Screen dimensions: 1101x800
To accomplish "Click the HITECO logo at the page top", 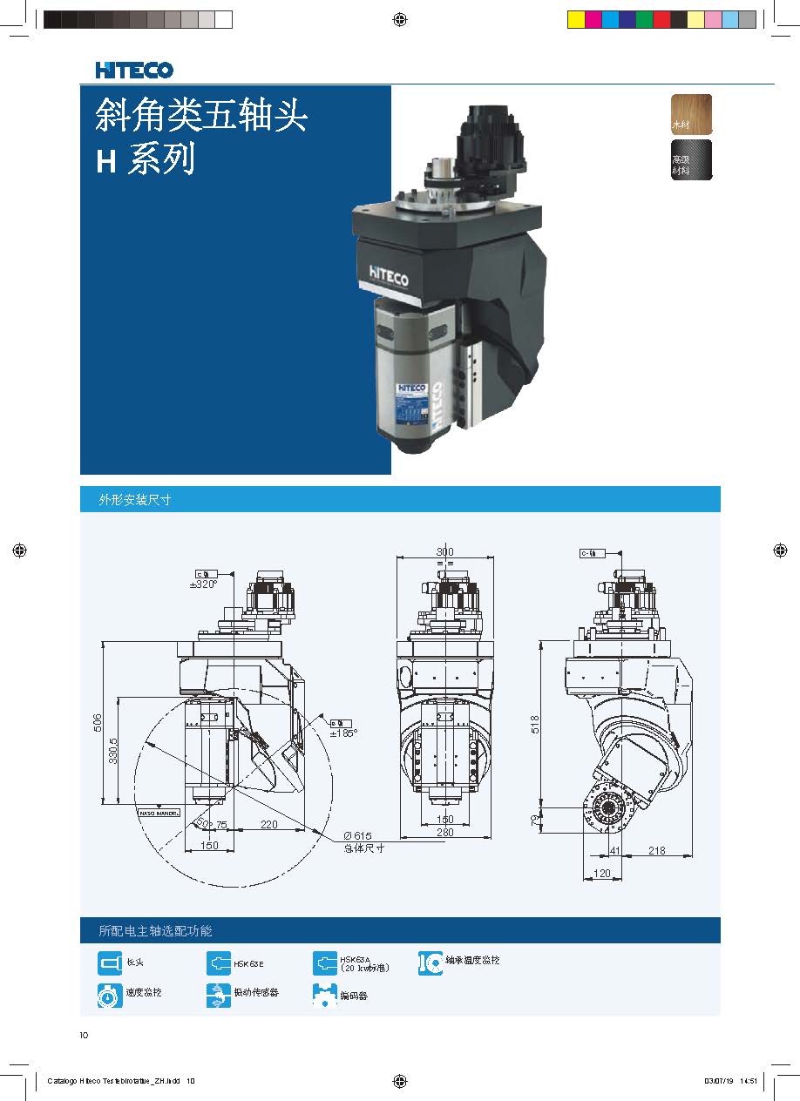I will tap(134, 70).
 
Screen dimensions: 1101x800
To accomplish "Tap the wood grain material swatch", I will tap(691, 113).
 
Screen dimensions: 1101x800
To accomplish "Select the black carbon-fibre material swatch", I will tap(691, 159).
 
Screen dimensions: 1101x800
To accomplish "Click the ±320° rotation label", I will tap(202, 584).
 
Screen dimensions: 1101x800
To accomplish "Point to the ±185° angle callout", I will tap(343, 733).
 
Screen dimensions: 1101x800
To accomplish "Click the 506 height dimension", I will tap(98, 722).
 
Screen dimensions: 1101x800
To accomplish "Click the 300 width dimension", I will tap(444, 552).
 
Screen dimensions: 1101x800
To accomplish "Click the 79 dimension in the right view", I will tap(535, 819).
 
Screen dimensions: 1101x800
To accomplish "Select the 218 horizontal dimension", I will tap(656, 850).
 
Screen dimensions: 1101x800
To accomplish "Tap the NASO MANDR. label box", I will tap(158, 814).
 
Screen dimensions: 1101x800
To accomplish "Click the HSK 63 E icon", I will tap(219, 963).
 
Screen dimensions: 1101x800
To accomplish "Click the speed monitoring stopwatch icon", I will tap(110, 993).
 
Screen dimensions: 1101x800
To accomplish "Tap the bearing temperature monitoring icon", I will tap(431, 963).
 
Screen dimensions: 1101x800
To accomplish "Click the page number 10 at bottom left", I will tap(84, 1036).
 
